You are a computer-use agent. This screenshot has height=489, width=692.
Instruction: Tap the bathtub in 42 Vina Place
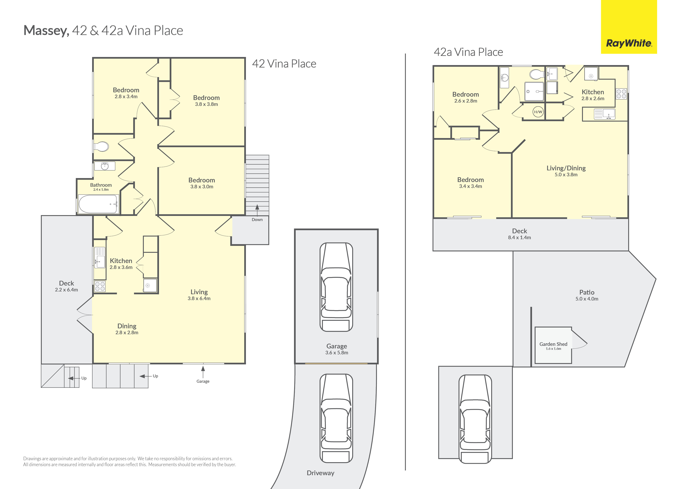click(98, 204)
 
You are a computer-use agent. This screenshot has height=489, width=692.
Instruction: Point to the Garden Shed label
click(553, 344)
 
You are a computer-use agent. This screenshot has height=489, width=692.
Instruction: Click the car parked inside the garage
click(336, 287)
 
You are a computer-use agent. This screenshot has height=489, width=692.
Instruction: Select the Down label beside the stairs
click(257, 220)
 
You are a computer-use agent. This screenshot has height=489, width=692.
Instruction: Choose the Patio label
click(587, 292)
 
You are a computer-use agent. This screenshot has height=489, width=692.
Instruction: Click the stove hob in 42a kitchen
click(621, 94)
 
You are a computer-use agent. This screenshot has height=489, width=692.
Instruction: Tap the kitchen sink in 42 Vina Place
click(100, 257)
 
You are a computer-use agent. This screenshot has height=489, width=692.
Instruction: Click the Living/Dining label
click(566, 168)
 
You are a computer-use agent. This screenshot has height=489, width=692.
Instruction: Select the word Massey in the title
click(46, 31)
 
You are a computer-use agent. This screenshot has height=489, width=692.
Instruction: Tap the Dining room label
click(127, 326)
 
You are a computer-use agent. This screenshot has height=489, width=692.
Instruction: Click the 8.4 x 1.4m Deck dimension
click(519, 237)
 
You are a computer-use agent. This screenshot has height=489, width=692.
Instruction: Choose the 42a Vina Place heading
click(468, 52)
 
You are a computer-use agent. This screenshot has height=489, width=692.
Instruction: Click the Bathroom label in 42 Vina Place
click(101, 185)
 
